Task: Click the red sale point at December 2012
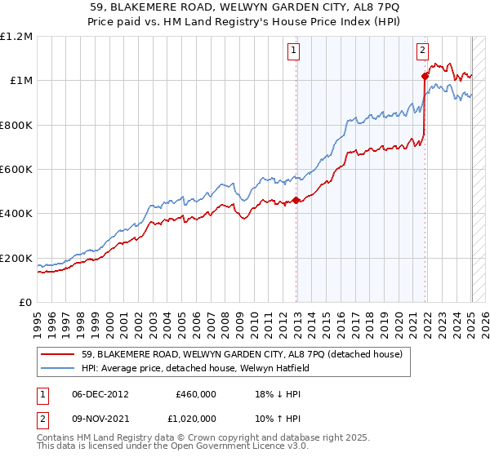pos(296,201)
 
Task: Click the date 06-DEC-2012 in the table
pos(101,393)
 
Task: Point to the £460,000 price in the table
pos(196,393)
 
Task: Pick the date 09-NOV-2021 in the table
pos(101,421)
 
